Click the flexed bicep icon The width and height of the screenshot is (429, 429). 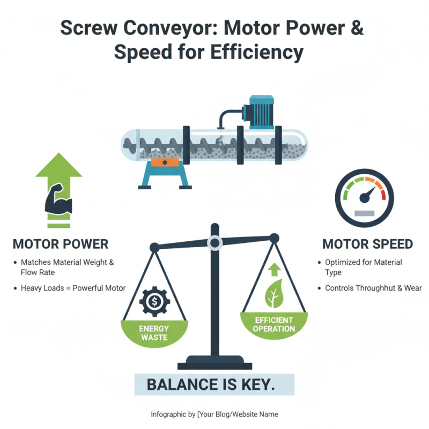pyautogui.click(x=59, y=200)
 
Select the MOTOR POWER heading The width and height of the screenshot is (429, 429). pyautogui.click(x=60, y=245)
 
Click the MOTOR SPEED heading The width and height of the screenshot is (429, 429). pyautogui.click(x=367, y=245)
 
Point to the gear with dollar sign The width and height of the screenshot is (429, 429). pyautogui.click(x=154, y=301)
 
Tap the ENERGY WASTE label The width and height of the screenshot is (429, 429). pyautogui.click(x=154, y=332)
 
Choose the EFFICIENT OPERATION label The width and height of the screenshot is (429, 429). pyautogui.click(x=274, y=324)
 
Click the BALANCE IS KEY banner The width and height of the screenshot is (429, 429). pyautogui.click(x=214, y=384)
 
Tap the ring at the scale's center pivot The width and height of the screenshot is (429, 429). pyautogui.click(x=215, y=243)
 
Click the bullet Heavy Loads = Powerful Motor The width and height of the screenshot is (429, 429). pyautogui.click(x=73, y=288)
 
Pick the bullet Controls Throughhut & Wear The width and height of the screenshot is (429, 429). pyautogui.click(x=373, y=288)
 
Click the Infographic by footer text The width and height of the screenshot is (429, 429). pyautogui.click(x=214, y=415)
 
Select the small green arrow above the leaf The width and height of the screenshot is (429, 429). pyautogui.click(x=274, y=269)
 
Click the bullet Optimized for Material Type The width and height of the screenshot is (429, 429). pyautogui.click(x=363, y=267)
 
